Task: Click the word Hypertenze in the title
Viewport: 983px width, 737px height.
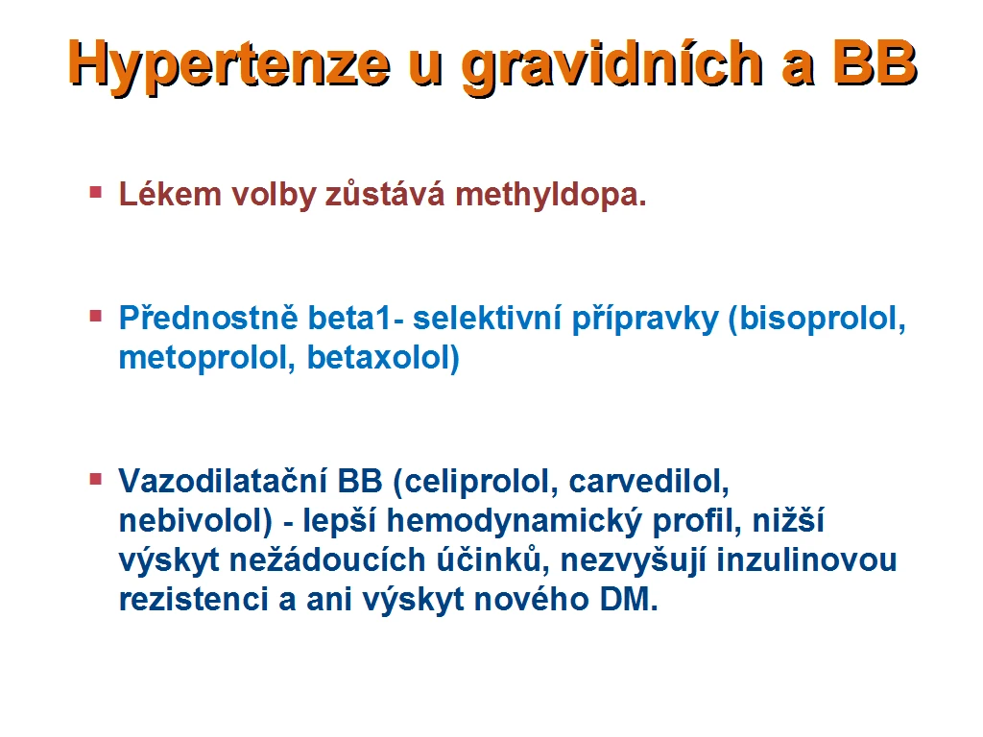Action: [229, 65]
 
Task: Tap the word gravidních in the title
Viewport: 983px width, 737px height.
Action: [611, 65]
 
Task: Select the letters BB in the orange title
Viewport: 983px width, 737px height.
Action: [875, 62]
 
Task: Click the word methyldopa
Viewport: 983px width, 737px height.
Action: [550, 194]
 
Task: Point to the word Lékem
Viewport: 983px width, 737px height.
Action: [170, 194]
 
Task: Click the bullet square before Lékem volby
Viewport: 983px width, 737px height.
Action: [96, 191]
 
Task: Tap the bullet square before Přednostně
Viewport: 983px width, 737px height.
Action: [96, 315]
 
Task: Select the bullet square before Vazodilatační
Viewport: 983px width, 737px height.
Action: [96, 480]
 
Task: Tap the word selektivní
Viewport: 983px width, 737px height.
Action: [487, 319]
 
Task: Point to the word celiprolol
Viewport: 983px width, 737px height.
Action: [481, 482]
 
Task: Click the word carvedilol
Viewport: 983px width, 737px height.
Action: [649, 482]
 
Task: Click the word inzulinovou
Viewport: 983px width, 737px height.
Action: [806, 559]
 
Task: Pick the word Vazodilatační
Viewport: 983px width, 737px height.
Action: [223, 482]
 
